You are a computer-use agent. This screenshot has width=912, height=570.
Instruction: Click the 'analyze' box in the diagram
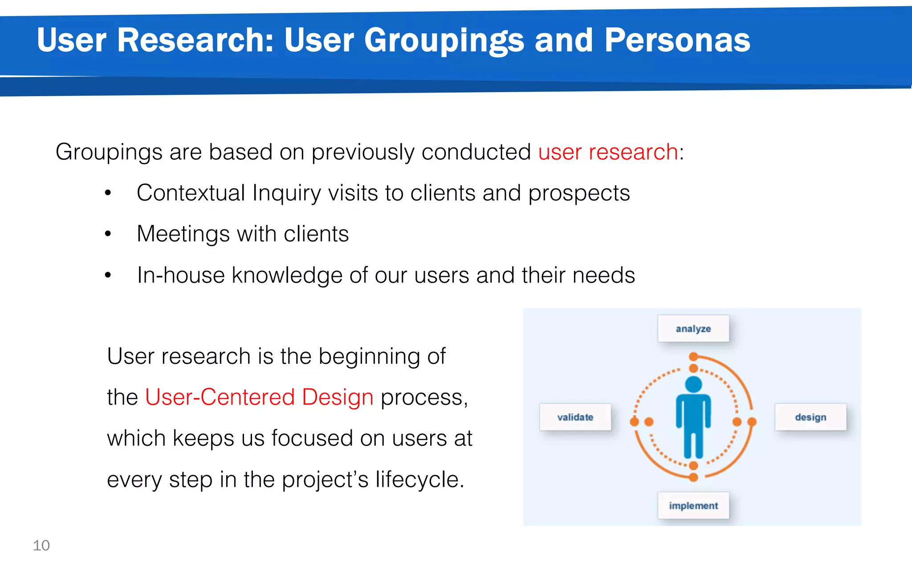pos(693,329)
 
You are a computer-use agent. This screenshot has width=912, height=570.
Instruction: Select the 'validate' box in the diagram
pos(575,417)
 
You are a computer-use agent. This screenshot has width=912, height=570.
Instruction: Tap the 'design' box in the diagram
pos(810,417)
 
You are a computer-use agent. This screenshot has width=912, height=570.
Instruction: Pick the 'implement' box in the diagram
pos(693,506)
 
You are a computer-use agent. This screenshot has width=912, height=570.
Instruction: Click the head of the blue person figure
pos(693,384)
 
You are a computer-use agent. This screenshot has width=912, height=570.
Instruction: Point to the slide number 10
pos(41,546)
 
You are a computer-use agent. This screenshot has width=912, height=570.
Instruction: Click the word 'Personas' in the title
pos(677,40)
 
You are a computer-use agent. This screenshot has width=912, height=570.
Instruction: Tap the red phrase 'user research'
pos(608,152)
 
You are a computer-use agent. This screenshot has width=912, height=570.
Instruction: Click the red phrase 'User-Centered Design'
pos(259,397)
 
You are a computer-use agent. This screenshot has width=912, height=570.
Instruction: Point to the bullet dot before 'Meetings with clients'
pos(108,233)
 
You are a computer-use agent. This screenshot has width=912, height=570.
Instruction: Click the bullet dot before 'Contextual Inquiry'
pos(108,193)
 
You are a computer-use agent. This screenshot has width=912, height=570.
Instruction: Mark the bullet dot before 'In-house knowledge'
pos(108,275)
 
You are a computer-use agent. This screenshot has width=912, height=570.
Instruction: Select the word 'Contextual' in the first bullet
pos(191,193)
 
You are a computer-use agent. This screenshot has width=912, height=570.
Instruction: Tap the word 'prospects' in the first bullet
pos(579,194)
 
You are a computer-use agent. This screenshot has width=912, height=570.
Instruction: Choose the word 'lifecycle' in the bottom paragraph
pos(416,479)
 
